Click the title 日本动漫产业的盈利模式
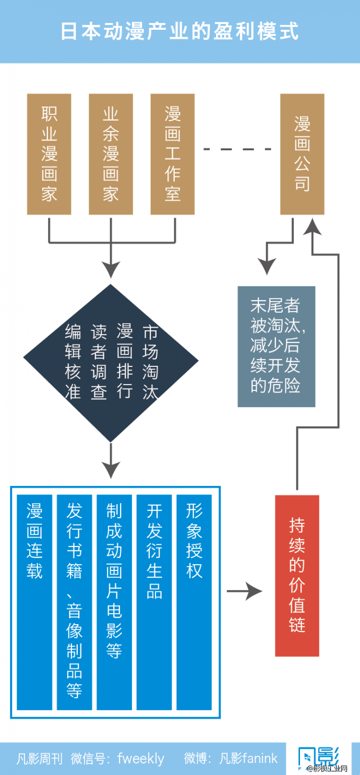(179, 31)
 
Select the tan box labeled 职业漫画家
(49, 154)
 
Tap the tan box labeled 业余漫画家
(111, 154)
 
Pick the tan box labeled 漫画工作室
(173, 154)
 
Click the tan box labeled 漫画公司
(302, 154)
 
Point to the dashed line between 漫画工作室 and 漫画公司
(237, 150)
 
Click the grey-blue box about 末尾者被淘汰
(277, 347)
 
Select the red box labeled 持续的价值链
(297, 576)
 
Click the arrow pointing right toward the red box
(244, 591)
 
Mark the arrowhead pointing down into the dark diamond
(111, 270)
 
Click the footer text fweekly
(141, 758)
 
